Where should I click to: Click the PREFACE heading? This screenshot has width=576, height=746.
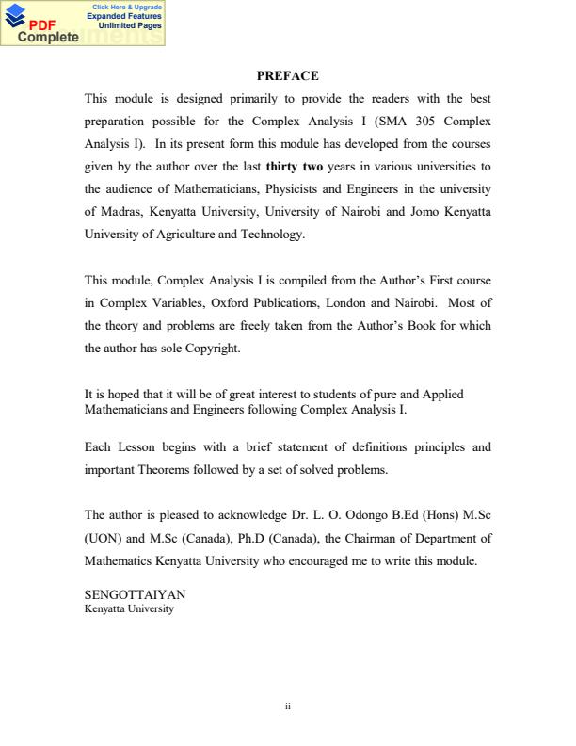click(288, 75)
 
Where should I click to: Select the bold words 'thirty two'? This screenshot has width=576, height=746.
click(295, 167)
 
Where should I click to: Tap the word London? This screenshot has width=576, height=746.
click(357, 302)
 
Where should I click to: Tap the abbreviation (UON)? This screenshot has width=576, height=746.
click(103, 537)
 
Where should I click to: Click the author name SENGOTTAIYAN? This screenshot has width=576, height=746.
click(135, 594)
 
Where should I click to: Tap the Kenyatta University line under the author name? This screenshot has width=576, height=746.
click(129, 608)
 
